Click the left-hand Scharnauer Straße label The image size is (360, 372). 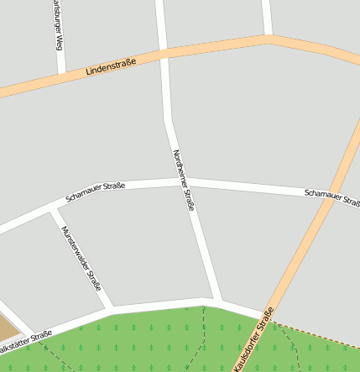pos(96,192)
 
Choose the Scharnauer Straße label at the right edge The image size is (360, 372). pos(332,197)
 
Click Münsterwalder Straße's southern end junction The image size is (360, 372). pos(110,308)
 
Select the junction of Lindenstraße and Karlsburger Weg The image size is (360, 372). pos(61,75)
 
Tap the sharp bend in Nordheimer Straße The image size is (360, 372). pos(169,122)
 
